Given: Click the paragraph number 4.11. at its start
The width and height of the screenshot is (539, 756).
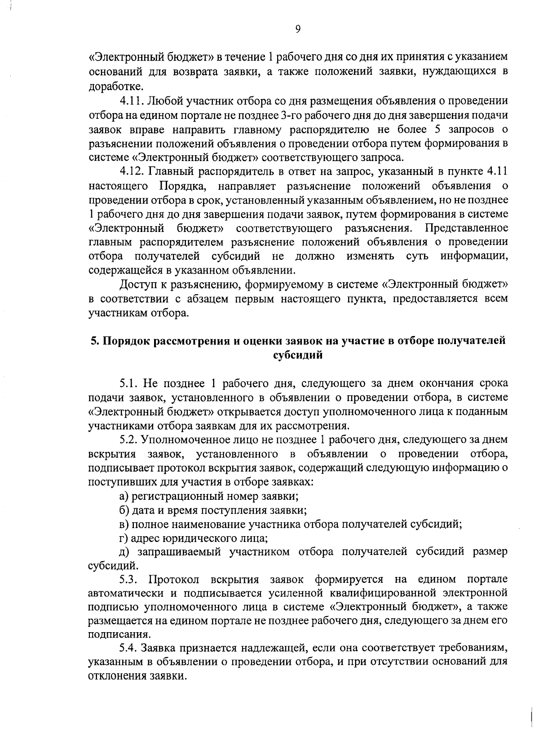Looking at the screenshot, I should (131, 100).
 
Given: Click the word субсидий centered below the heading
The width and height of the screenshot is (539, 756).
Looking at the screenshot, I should (298, 355).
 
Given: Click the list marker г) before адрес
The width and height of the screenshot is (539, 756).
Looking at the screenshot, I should (123, 538).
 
